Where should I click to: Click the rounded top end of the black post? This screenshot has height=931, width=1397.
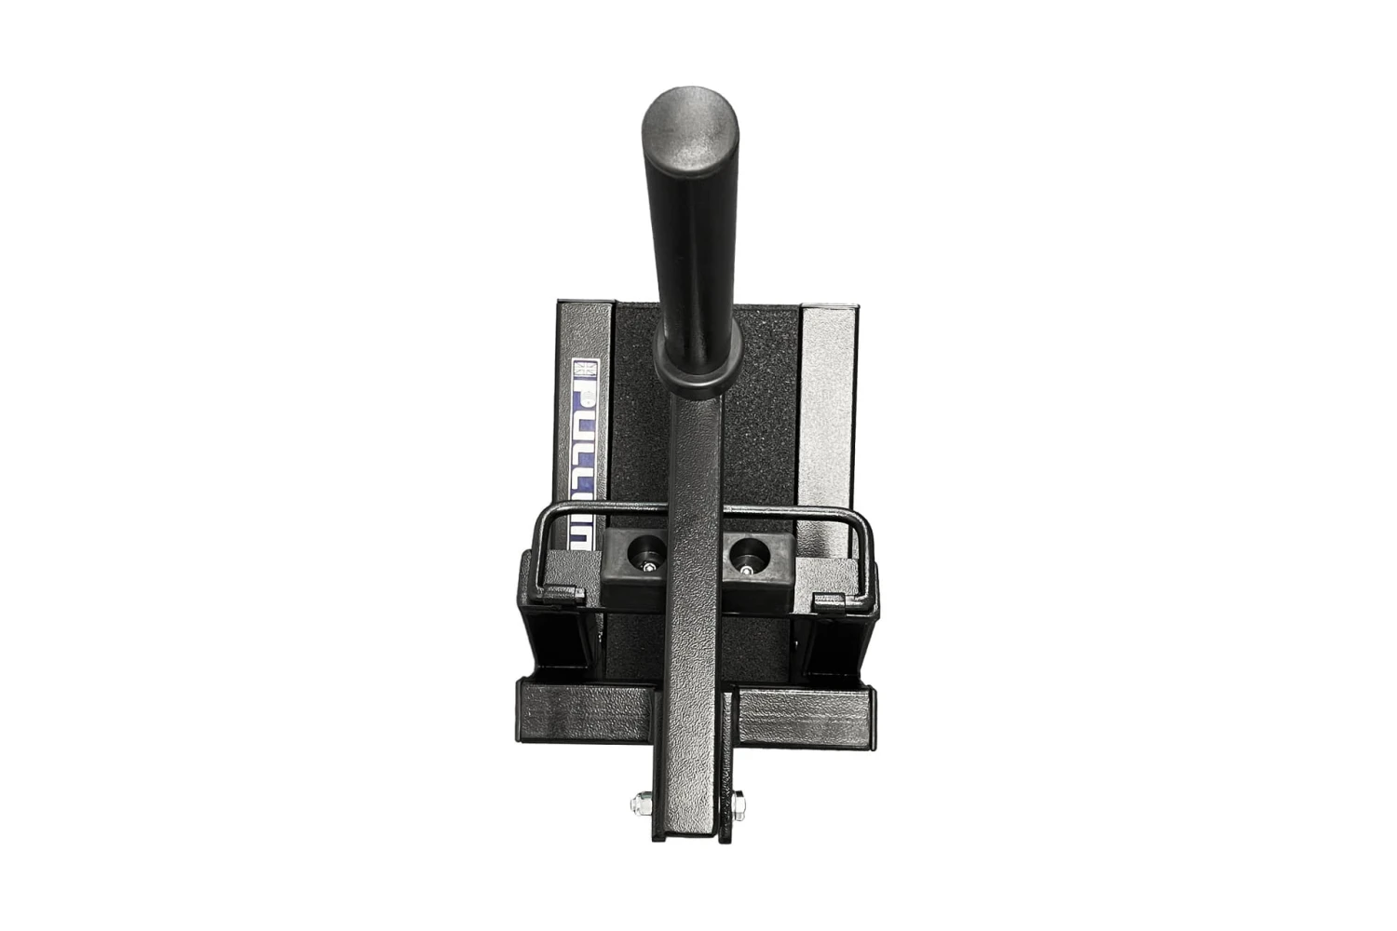(690, 126)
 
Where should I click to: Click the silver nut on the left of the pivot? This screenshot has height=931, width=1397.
(643, 802)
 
